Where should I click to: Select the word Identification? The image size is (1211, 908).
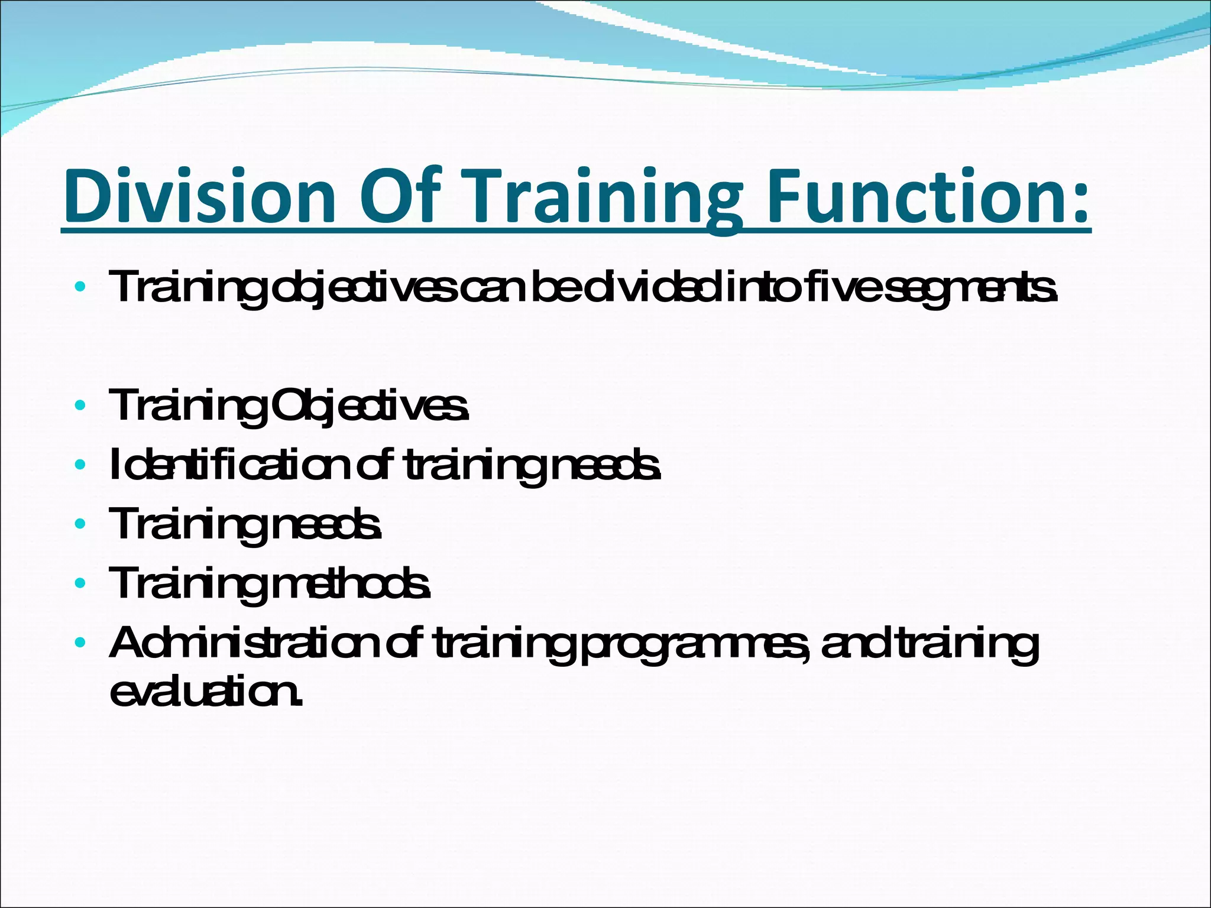click(x=230, y=465)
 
